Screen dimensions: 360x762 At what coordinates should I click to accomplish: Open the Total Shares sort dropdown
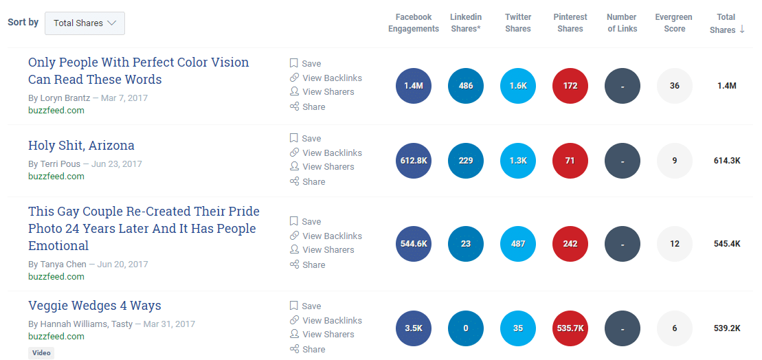pyautogui.click(x=85, y=23)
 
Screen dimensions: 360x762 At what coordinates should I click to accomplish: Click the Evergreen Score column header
pyautogui.click(x=674, y=23)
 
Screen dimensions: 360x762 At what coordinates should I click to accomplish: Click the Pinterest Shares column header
pyautogui.click(x=570, y=23)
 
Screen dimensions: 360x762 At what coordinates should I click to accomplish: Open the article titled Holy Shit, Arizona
pyautogui.click(x=81, y=146)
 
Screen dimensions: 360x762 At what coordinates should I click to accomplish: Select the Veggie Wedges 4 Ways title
pyautogui.click(x=95, y=306)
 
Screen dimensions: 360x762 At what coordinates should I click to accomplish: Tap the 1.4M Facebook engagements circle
pyautogui.click(x=414, y=86)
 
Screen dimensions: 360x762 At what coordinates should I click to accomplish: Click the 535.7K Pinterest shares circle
pyautogui.click(x=570, y=328)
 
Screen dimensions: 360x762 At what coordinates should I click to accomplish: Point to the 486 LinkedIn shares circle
pyautogui.click(x=466, y=86)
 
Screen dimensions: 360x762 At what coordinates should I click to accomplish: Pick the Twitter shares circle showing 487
pyautogui.click(x=518, y=244)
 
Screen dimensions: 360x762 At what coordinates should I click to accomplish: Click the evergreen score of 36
pyautogui.click(x=675, y=86)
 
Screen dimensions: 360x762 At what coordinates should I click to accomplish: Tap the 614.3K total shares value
pyautogui.click(x=727, y=161)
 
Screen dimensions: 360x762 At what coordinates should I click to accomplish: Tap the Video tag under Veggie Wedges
pyautogui.click(x=41, y=353)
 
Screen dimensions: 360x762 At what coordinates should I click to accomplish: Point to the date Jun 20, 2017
pyautogui.click(x=123, y=265)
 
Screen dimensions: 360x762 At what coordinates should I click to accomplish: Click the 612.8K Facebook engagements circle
pyautogui.click(x=414, y=161)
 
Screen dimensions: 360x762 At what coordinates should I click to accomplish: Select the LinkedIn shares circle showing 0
pyautogui.click(x=466, y=328)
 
